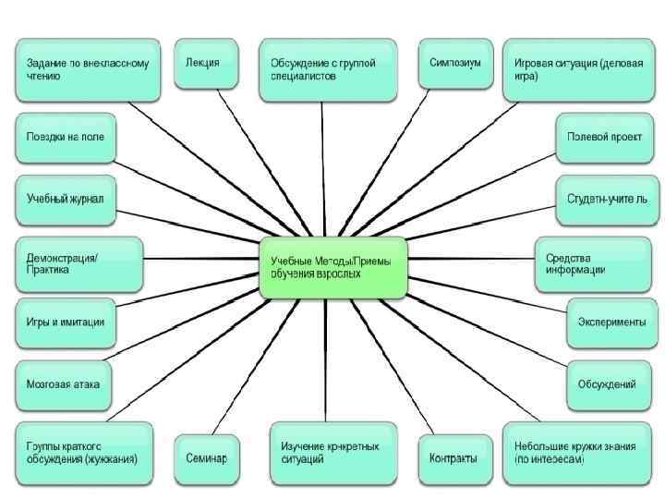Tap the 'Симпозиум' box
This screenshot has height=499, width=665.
click(x=455, y=64)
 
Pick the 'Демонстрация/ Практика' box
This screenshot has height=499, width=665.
click(x=79, y=262)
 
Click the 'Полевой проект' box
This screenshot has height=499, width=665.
click(x=605, y=138)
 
